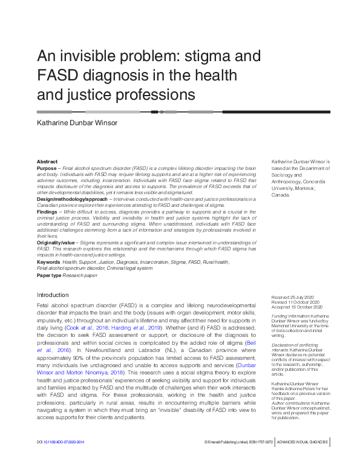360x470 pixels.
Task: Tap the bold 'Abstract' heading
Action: coord(47,162)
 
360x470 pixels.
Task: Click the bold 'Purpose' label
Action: coord(48,168)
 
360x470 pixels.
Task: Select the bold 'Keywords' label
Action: coord(48,261)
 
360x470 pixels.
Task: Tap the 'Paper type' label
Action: coord(49,275)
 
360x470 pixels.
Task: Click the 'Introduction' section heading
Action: coord(53,295)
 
